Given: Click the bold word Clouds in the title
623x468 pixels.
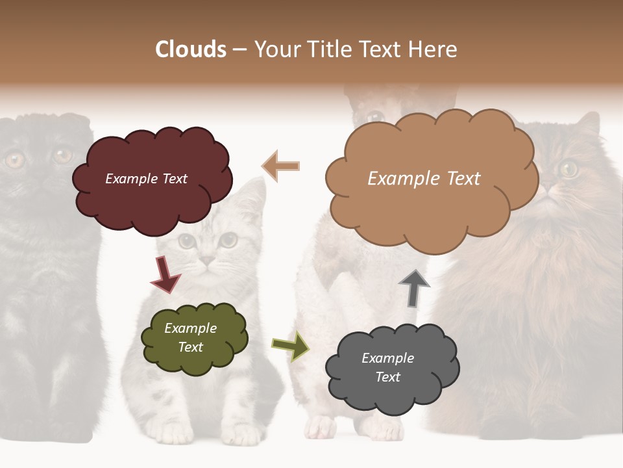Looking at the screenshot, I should pyautogui.click(x=190, y=49).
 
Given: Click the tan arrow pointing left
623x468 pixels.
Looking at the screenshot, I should pyautogui.click(x=281, y=166).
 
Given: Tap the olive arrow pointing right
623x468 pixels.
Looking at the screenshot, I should pyautogui.click(x=290, y=345).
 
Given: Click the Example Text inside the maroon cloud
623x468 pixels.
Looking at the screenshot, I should pyautogui.click(x=146, y=179).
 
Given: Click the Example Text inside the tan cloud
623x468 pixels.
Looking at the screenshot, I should pyautogui.click(x=424, y=179).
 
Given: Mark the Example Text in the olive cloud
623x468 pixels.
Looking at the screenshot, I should pyautogui.click(x=191, y=337).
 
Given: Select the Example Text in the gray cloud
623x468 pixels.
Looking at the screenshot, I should pyautogui.click(x=387, y=367).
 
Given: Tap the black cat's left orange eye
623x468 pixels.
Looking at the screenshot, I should pyautogui.click(x=14, y=159).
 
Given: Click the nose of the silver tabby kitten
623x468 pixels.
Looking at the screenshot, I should pyautogui.click(x=206, y=260).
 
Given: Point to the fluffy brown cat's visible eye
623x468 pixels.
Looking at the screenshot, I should pyautogui.click(x=568, y=168).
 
